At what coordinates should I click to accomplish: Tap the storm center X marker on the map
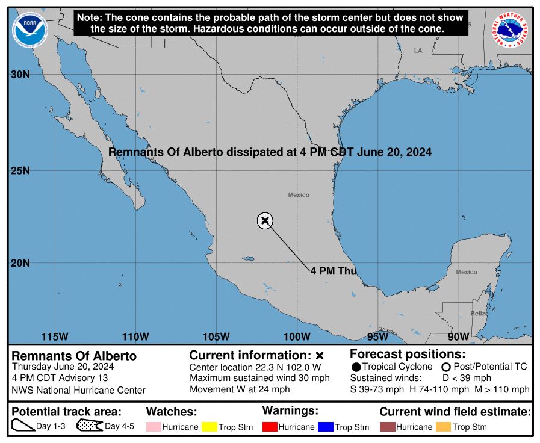(x=265, y=220)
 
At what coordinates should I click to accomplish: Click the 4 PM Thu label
(x=334, y=271)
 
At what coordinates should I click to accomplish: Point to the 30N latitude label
(x=22, y=75)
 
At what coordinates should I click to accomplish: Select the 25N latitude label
(x=22, y=170)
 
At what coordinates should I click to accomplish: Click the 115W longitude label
(x=55, y=336)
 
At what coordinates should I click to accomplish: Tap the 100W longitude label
(x=297, y=336)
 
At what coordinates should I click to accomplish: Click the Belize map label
(x=479, y=314)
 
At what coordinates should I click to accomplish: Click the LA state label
(x=418, y=51)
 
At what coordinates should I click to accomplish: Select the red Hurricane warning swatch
(x=270, y=427)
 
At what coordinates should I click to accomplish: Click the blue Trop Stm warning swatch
(x=326, y=427)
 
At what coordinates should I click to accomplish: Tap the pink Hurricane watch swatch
(x=154, y=427)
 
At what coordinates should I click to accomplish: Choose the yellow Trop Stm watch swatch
(x=209, y=427)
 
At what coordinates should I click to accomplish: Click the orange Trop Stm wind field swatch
(x=443, y=427)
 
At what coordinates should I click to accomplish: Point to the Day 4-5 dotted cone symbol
(x=89, y=426)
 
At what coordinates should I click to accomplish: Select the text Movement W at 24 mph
(x=239, y=389)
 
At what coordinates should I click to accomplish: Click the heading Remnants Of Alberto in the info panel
(x=74, y=356)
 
